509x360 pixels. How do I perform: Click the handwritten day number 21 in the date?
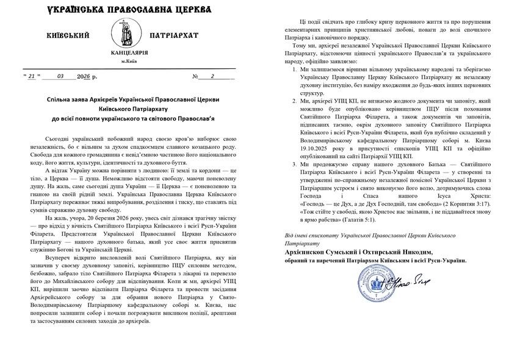click(x=32, y=76)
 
